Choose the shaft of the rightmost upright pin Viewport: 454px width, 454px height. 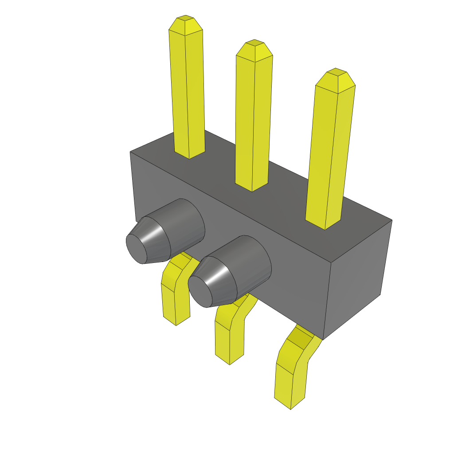coord(330,155)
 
